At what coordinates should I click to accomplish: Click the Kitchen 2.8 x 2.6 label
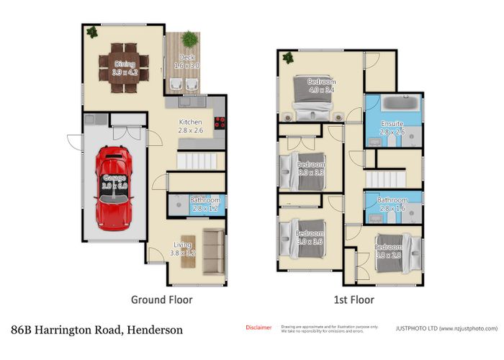pyautogui.click(x=192, y=127)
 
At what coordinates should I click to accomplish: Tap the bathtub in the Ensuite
pyautogui.click(x=399, y=104)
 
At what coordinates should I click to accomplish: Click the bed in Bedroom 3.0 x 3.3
pyautogui.click(x=302, y=170)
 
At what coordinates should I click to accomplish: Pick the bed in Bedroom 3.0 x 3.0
pyautogui.click(x=303, y=238)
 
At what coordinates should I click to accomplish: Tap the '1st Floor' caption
pyautogui.click(x=354, y=299)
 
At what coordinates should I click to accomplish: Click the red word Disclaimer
pyautogui.click(x=258, y=328)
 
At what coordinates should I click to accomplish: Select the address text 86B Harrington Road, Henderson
pyautogui.click(x=96, y=330)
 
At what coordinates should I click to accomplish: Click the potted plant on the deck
pyautogui.click(x=188, y=39)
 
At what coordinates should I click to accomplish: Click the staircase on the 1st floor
pyautogui.click(x=385, y=176)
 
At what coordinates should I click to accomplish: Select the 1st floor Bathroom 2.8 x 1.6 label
pyautogui.click(x=392, y=204)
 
